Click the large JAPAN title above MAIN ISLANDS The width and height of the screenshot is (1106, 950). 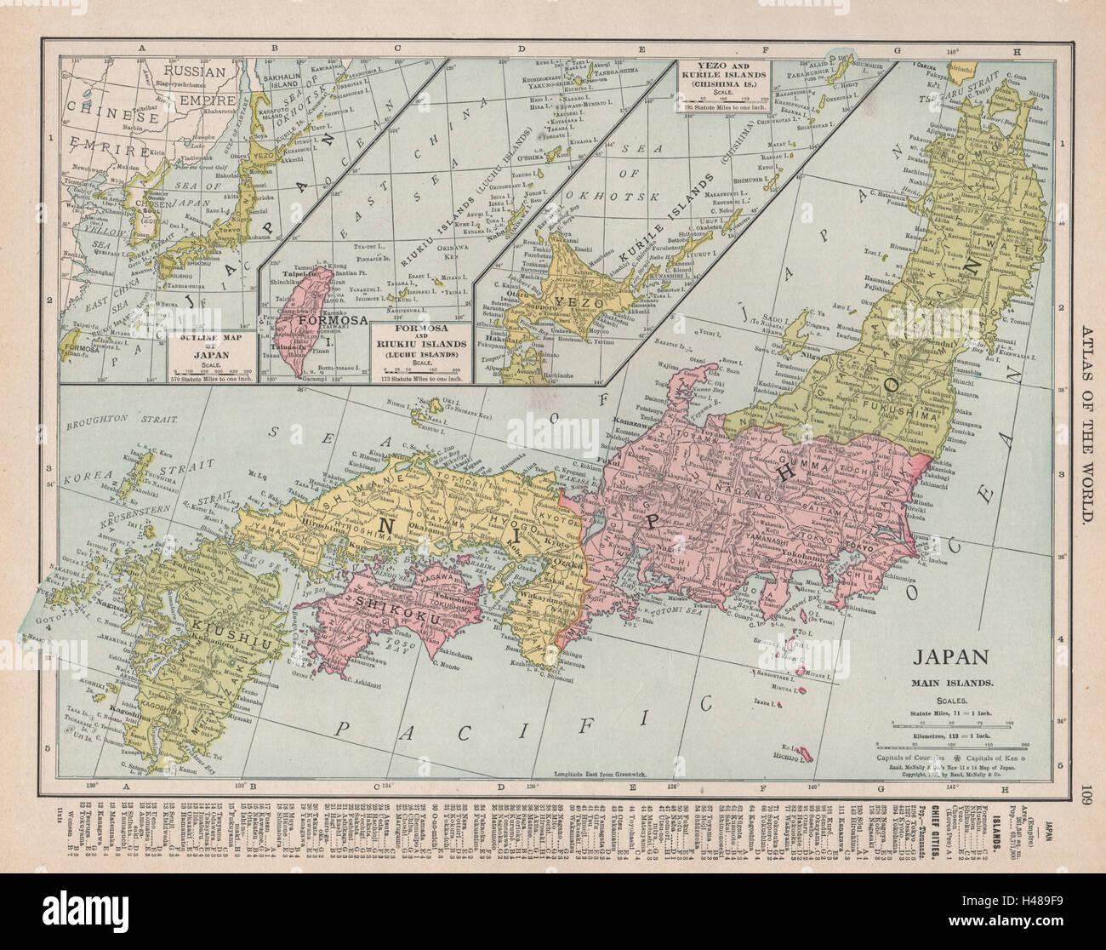[949, 656]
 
